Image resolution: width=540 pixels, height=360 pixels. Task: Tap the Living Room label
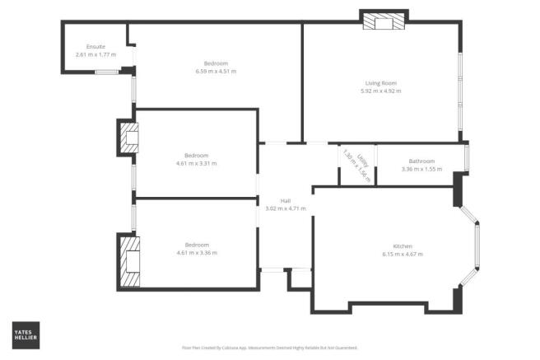pyautogui.click(x=382, y=82)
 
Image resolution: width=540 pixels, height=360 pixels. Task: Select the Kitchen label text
pyautogui.click(x=403, y=246)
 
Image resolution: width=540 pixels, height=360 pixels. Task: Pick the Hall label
pyautogui.click(x=285, y=200)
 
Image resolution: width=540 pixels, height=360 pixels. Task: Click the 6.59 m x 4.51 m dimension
pyautogui.click(x=216, y=72)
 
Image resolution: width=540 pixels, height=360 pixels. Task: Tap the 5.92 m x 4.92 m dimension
pyautogui.click(x=382, y=91)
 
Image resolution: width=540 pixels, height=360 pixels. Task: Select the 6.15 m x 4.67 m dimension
pyautogui.click(x=403, y=255)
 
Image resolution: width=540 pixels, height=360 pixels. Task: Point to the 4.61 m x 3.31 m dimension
pyautogui.click(x=196, y=163)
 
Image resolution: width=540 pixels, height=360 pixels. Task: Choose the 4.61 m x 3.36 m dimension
pyautogui.click(x=196, y=253)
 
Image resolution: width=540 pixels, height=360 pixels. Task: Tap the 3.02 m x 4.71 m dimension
pyautogui.click(x=285, y=208)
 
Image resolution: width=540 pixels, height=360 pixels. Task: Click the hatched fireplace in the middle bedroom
pyautogui.click(x=127, y=138)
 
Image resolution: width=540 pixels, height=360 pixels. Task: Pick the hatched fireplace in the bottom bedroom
pyautogui.click(x=129, y=260)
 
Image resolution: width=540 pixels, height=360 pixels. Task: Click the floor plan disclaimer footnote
pyautogui.click(x=268, y=348)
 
